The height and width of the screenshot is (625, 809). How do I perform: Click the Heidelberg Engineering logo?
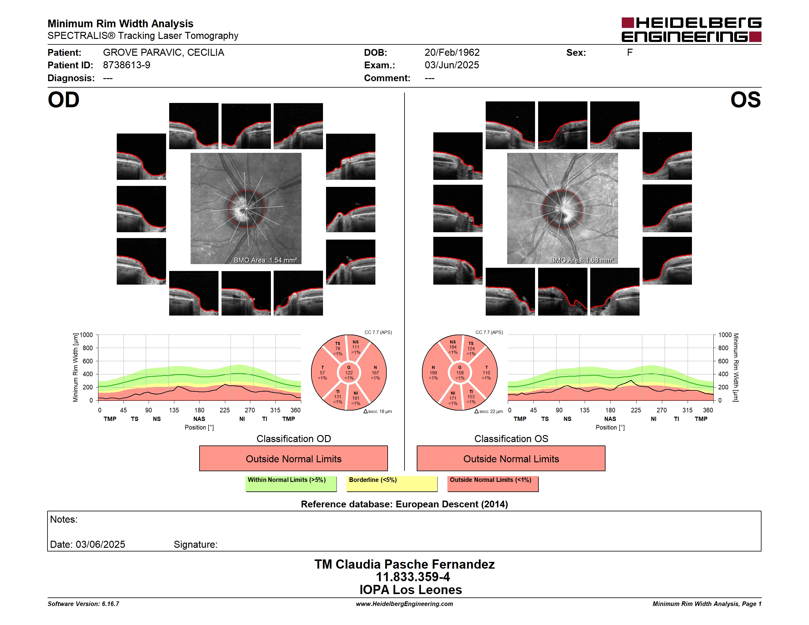pyautogui.click(x=691, y=30)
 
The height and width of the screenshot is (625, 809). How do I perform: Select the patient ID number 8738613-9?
pyautogui.click(x=127, y=65)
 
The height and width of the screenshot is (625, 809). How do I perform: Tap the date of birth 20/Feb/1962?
pyautogui.click(x=452, y=53)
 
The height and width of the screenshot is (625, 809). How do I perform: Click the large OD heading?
pyautogui.click(x=64, y=100)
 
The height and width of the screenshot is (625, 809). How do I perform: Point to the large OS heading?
pyautogui.click(x=745, y=100)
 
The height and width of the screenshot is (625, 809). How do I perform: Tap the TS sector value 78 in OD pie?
pyautogui.click(x=337, y=348)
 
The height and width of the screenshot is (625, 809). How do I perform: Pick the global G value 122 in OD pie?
pyautogui.click(x=349, y=373)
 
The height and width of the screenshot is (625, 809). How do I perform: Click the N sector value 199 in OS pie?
pyautogui.click(x=433, y=373)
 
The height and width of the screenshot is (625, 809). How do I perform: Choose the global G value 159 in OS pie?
pyautogui.click(x=460, y=373)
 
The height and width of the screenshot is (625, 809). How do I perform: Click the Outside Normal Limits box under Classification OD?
pyautogui.click(x=293, y=458)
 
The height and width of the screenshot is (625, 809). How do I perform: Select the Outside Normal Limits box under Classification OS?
pyautogui.click(x=511, y=458)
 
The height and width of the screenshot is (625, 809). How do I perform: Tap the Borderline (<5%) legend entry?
pyautogui.click(x=392, y=483)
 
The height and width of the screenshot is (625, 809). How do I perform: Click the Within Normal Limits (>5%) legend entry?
pyautogui.click(x=291, y=483)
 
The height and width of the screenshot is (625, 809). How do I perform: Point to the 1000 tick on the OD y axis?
pyautogui.click(x=86, y=335)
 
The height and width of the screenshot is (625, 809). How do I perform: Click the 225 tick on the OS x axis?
pyautogui.click(x=636, y=410)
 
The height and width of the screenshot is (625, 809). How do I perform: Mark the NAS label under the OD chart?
pyautogui.click(x=199, y=419)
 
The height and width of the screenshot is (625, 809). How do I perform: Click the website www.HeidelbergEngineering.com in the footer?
pyautogui.click(x=404, y=604)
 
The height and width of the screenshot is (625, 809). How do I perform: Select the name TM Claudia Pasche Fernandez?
pyautogui.click(x=404, y=564)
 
